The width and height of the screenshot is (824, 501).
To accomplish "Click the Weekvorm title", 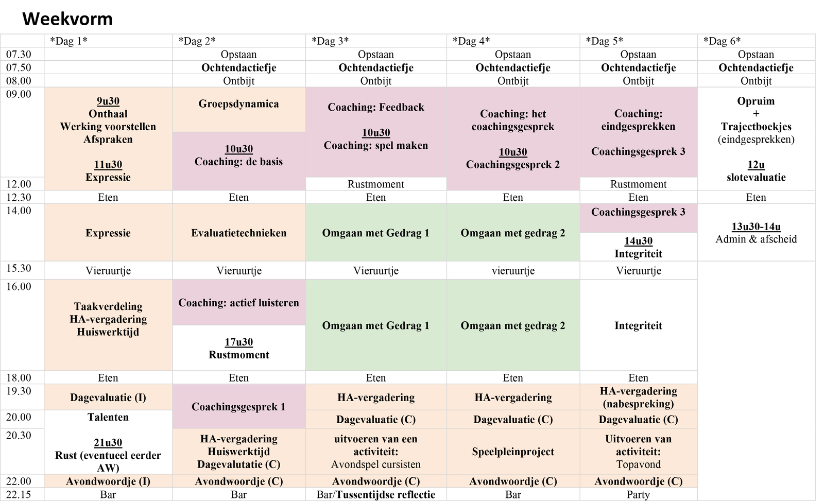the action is tap(67, 19).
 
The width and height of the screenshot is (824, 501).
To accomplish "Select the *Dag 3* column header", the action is tap(330, 41).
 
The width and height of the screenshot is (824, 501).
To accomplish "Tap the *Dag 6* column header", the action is tap(722, 41).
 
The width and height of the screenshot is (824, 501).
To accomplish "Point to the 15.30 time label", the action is tap(19, 268).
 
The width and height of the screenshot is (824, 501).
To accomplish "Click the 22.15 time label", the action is tap(19, 494).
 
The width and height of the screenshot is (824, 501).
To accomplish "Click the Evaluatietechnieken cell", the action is tap(239, 233).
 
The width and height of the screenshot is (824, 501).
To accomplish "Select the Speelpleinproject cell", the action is tap(513, 452).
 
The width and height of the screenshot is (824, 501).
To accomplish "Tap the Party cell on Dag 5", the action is tap(638, 495).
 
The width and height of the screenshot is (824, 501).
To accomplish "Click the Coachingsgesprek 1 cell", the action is tap(239, 407).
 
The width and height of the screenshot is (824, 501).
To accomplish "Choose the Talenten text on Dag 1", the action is tap(108, 417).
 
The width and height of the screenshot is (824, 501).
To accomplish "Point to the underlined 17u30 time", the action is tap(239, 342).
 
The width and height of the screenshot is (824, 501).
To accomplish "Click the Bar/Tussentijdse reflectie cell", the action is tap(375, 495).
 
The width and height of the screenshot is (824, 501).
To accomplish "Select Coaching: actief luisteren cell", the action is tap(239, 303).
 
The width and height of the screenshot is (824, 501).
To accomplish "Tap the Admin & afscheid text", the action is tap(756, 239).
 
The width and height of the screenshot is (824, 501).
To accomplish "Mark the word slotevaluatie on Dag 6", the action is tap(756, 177).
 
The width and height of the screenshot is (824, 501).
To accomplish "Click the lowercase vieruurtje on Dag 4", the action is tap(513, 271).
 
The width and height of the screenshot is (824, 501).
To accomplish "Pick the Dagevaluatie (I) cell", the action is tap(108, 398).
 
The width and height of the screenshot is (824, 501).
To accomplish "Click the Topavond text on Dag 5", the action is tap(638, 464).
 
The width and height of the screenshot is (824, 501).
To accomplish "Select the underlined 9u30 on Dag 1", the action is tap(108, 101).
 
